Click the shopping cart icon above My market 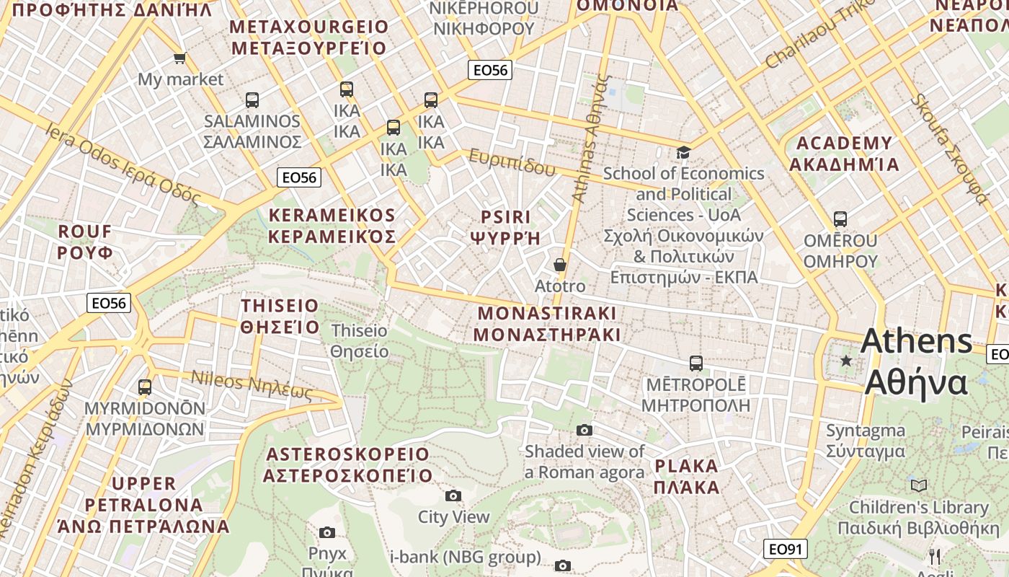click(179, 58)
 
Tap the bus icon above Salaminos click(252, 100)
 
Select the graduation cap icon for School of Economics click(683, 152)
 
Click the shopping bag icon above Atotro click(560, 265)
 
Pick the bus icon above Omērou click(840, 219)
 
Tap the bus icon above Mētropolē click(695, 364)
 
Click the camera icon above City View click(453, 495)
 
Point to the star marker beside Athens click(846, 360)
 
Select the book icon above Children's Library click(918, 485)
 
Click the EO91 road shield click(786, 549)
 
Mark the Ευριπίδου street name click(512, 162)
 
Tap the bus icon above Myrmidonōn click(145, 387)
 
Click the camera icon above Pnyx click(327, 532)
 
